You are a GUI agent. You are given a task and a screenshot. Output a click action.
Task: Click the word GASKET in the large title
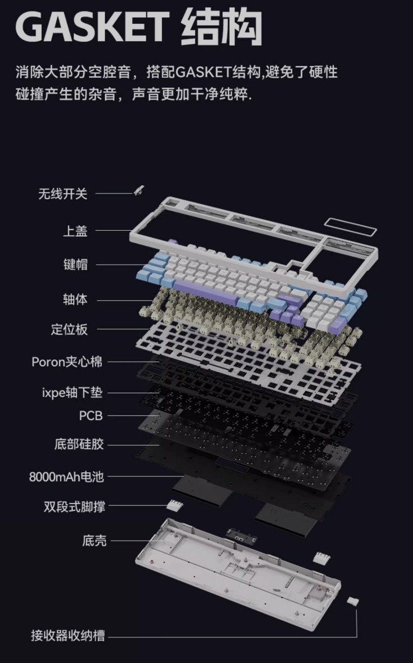coord(92,26)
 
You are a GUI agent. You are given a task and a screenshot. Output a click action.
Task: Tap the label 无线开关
coord(63,194)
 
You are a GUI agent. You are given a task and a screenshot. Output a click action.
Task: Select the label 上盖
coord(75,231)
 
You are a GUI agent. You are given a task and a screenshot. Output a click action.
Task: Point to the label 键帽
coord(75,265)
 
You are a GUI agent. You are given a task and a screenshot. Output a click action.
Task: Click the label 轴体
coord(75,300)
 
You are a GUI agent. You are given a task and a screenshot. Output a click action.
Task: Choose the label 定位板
coord(69,329)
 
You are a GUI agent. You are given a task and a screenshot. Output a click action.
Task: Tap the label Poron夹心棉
coord(67,362)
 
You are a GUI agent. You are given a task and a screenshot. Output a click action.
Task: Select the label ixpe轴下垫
coord(72,393)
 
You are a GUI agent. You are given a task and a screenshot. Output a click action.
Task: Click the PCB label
coord(91,416)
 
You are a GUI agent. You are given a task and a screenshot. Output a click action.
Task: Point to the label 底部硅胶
coord(78,444)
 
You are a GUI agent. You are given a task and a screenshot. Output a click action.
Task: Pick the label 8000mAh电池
coord(66,477)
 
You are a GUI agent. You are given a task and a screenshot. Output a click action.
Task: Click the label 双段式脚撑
coord(74,507)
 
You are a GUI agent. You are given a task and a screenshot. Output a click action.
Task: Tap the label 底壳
coord(94,541)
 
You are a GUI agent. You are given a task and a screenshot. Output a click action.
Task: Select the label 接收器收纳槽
coord(68,636)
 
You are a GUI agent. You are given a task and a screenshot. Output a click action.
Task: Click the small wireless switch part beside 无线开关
coord(138,190)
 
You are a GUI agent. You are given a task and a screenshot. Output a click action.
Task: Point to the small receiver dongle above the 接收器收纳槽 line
coord(352,601)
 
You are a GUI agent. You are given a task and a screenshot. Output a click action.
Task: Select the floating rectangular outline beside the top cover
coord(350,227)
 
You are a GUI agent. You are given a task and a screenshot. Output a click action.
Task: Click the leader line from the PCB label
coord(133,415)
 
